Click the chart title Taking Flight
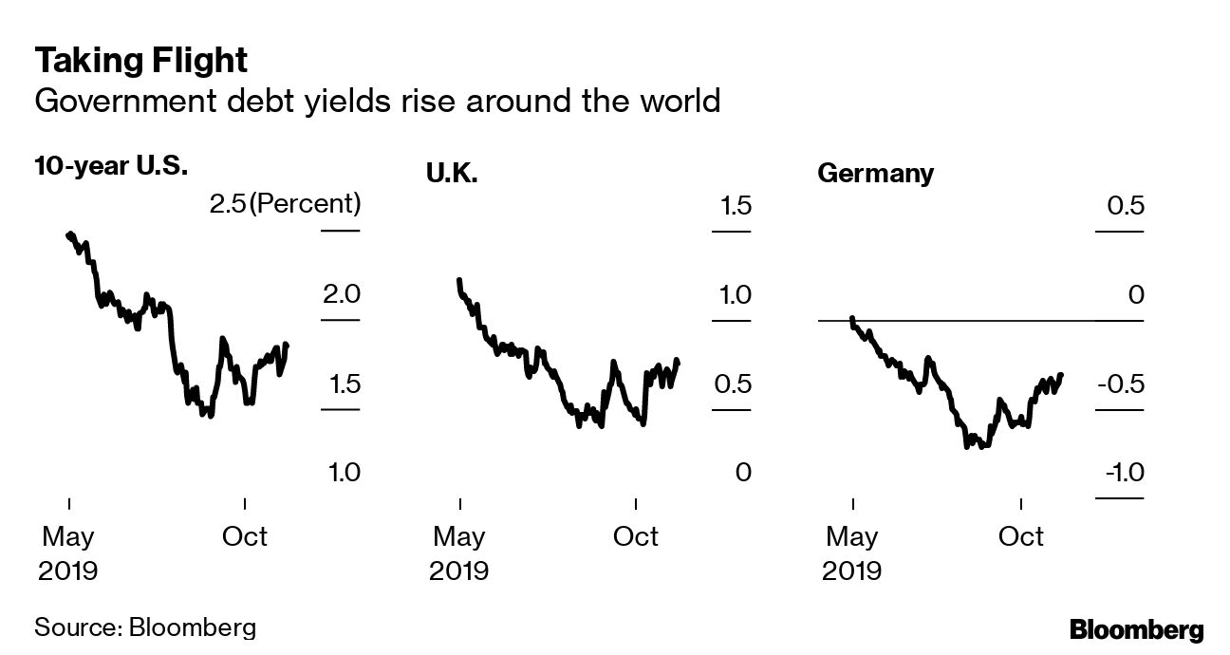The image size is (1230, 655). (141, 61)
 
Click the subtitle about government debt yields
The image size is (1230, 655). (377, 101)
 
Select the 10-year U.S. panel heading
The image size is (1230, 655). (110, 168)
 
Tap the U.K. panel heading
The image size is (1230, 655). (451, 174)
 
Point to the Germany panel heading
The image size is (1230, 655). (875, 174)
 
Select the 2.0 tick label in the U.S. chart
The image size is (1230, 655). (341, 294)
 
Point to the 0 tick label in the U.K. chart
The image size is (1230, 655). (742, 472)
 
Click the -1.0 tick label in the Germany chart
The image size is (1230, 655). (1120, 472)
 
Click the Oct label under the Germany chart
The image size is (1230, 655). (1021, 536)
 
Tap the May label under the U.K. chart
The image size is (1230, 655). (459, 536)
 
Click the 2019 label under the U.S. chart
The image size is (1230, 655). (68, 571)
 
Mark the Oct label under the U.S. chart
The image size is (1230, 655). (245, 536)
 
